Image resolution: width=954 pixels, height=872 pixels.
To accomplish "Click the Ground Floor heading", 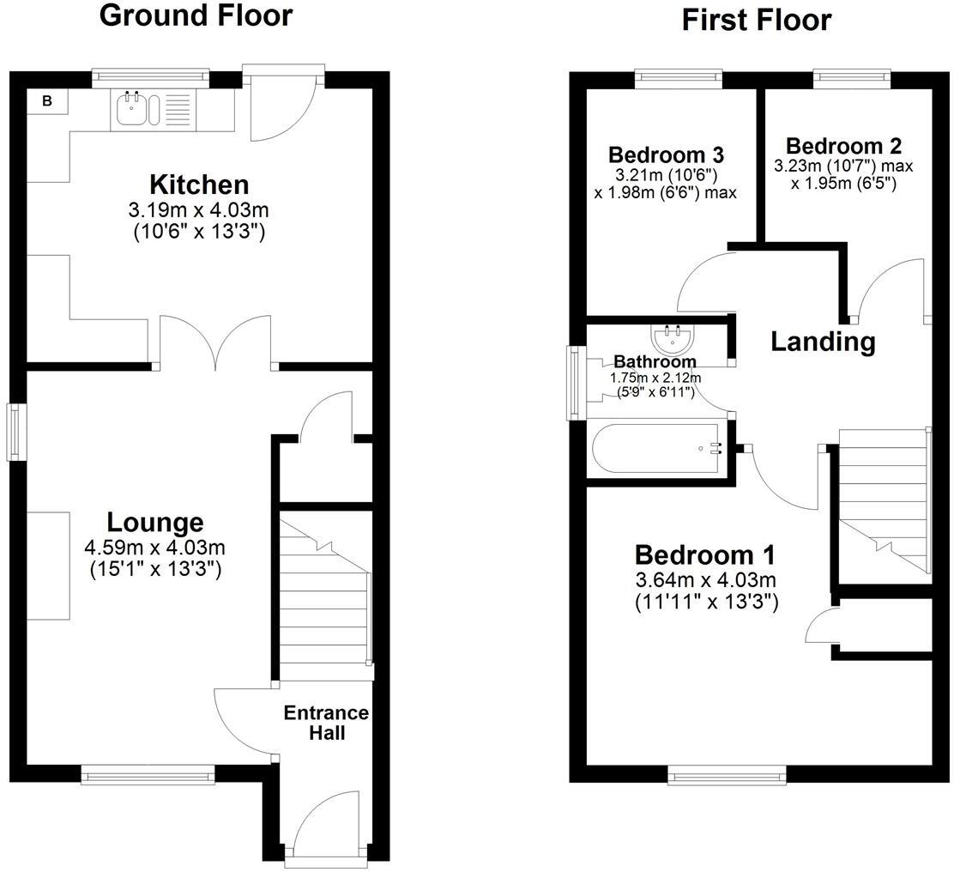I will pos(196,15).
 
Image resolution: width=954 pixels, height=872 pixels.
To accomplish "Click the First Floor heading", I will pos(756,19).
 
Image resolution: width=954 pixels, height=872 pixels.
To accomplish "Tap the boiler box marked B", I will pos(47,101).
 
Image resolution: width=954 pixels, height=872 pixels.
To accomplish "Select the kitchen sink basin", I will pos(132,110).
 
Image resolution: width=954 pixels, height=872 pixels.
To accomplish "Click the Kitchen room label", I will pos(199,185).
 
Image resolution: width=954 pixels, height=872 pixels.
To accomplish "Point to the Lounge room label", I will pos(154,522).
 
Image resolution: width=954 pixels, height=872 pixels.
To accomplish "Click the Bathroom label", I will pos(655,362).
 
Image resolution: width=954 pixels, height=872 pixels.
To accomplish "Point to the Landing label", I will pos(822,342).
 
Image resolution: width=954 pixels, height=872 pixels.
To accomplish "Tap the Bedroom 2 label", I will pos(843,145).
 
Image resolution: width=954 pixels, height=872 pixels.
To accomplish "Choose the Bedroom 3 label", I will pos(678,155).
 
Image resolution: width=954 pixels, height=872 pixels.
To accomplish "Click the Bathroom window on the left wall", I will pos(572,383).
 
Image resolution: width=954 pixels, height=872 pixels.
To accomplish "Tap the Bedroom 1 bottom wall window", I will pos(727,776).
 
